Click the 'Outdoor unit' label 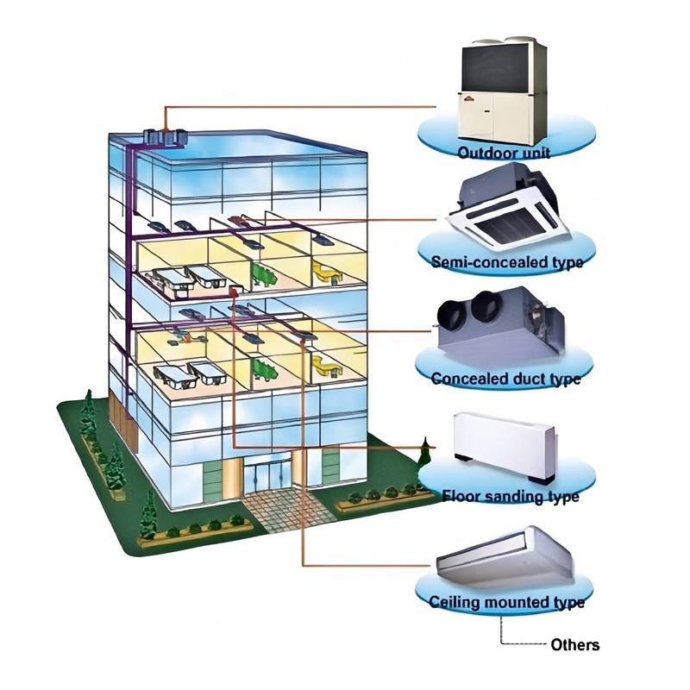point(505,154)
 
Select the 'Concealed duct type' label point(505,379)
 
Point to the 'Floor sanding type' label point(510,497)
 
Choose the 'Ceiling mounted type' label point(507,602)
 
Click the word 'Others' point(574,645)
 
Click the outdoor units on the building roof point(164,136)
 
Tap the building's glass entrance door point(270,479)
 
